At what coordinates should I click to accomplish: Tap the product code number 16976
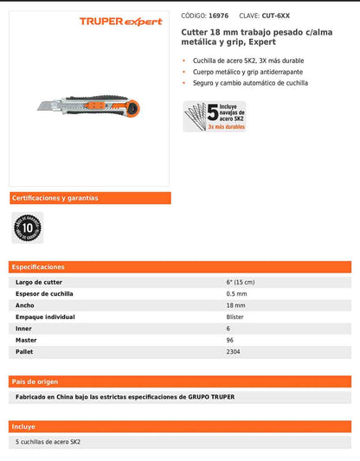(x=218, y=16)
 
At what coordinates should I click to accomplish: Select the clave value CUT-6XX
(x=276, y=16)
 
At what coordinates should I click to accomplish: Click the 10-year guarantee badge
(x=27, y=227)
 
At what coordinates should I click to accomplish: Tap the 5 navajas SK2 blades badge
(x=214, y=115)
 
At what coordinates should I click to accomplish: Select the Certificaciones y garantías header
(x=55, y=198)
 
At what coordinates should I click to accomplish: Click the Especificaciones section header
(x=38, y=267)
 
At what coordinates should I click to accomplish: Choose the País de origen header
(x=35, y=381)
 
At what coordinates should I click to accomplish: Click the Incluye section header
(x=24, y=426)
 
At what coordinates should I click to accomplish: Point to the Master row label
(x=28, y=341)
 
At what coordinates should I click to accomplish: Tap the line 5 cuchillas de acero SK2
(x=49, y=442)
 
